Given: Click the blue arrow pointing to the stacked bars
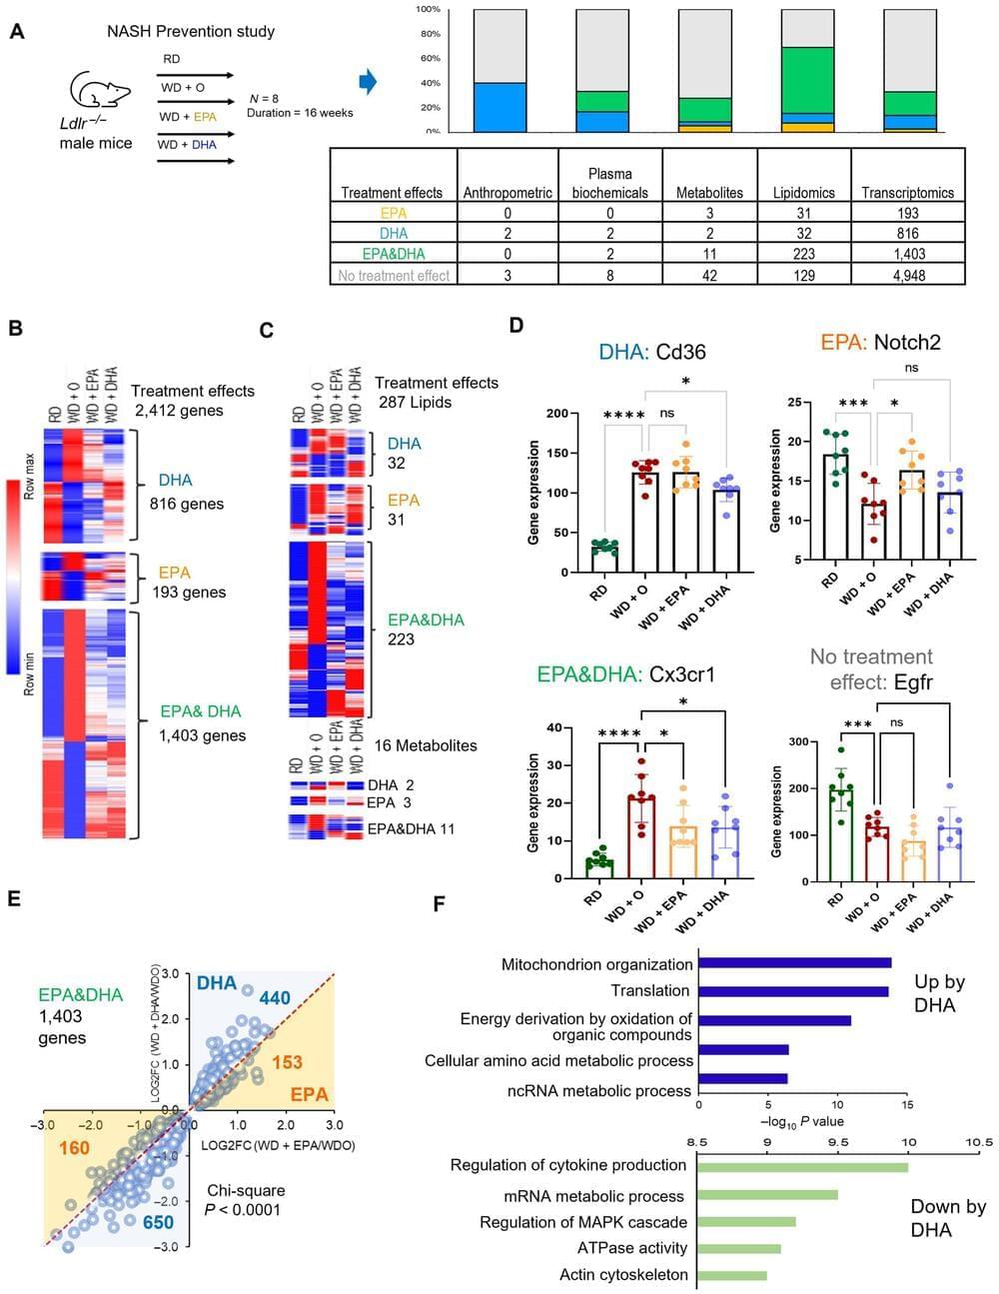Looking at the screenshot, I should [x=368, y=82].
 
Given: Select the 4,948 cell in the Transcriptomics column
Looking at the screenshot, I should [x=907, y=275].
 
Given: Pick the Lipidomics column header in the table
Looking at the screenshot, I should [x=803, y=192].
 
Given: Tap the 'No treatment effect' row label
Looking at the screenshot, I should [x=394, y=275].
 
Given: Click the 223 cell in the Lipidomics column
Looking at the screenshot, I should [x=803, y=254].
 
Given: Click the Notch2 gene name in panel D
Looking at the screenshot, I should [x=907, y=342].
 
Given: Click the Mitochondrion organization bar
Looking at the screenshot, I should [x=794, y=963].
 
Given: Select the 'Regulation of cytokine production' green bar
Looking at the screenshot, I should [x=802, y=1166].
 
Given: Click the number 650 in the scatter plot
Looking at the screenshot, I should [x=158, y=1221].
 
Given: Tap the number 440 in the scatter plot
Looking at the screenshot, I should [x=275, y=997].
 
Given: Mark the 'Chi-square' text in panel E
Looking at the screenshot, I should [x=246, y=1190].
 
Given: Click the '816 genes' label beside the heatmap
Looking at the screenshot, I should [x=187, y=504].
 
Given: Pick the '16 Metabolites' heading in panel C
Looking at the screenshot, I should [x=426, y=745].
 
